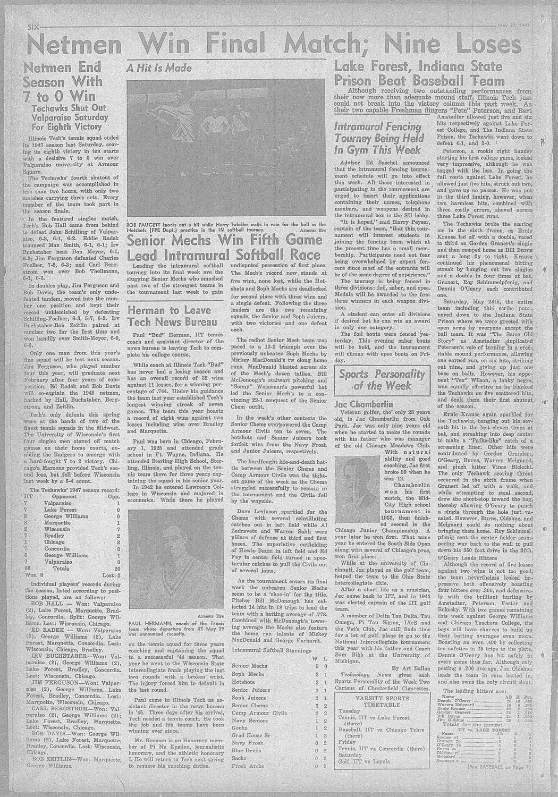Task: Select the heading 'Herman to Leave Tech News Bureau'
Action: pos(169,316)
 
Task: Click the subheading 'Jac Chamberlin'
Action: pos(363,404)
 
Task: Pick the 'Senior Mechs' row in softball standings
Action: pos(249,666)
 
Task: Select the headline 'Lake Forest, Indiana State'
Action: pos(418,66)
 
